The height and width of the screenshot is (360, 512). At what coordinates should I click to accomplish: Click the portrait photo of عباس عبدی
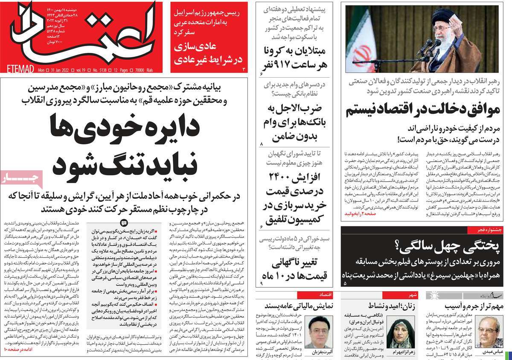pyautogui.click(x=486, y=331)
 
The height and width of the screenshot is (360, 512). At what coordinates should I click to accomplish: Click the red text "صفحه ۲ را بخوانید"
pyautogui.click(x=362, y=212)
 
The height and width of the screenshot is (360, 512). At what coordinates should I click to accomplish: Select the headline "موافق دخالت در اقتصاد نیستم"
pyautogui.click(x=422, y=110)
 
